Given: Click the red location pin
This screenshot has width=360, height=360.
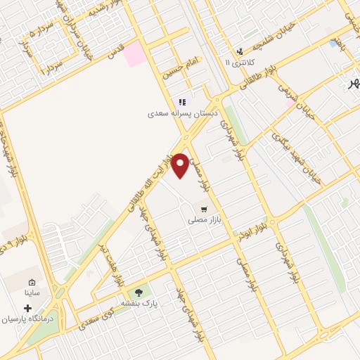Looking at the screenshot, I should click(x=181, y=165).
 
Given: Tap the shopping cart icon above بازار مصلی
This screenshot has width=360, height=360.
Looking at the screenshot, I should click(x=204, y=209).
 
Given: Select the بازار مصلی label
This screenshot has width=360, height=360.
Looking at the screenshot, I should click(x=204, y=220).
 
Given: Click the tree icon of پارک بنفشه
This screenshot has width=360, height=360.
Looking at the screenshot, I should click(x=139, y=292).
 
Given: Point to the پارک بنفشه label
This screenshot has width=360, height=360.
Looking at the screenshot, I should click(x=139, y=303).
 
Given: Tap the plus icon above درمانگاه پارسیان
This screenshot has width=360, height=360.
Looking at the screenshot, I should click(x=28, y=308).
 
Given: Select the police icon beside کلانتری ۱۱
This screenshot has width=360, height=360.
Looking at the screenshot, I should click(x=240, y=51).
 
